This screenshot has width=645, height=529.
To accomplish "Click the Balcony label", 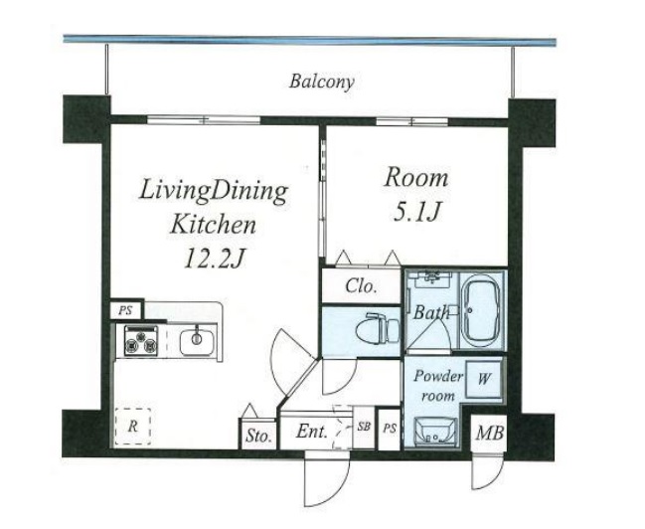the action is point(321,82).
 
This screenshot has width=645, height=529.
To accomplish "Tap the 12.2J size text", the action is point(215,260).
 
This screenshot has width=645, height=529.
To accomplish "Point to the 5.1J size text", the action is point(417,212).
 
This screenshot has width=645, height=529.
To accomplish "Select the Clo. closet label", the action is point(361,285).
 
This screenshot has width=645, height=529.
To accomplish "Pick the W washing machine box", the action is point(484,378).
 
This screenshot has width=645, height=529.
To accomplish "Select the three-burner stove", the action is point(141,340).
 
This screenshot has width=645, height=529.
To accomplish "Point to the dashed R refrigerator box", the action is point(132,427).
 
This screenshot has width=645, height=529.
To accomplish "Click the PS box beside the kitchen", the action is point(126,310).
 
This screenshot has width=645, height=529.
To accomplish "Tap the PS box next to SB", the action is point(390,429).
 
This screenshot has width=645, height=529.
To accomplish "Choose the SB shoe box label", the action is point(364,427).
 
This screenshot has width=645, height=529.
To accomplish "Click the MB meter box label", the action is point(490,434).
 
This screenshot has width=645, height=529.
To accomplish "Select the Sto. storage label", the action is point(258,436).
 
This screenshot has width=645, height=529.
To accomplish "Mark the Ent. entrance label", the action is point(312,432).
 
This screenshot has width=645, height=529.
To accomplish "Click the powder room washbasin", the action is point(435,432).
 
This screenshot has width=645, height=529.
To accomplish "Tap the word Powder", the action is point(438,376).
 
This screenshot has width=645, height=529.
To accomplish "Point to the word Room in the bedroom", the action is point(415,179).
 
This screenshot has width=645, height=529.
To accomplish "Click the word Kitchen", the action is point(213,225).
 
